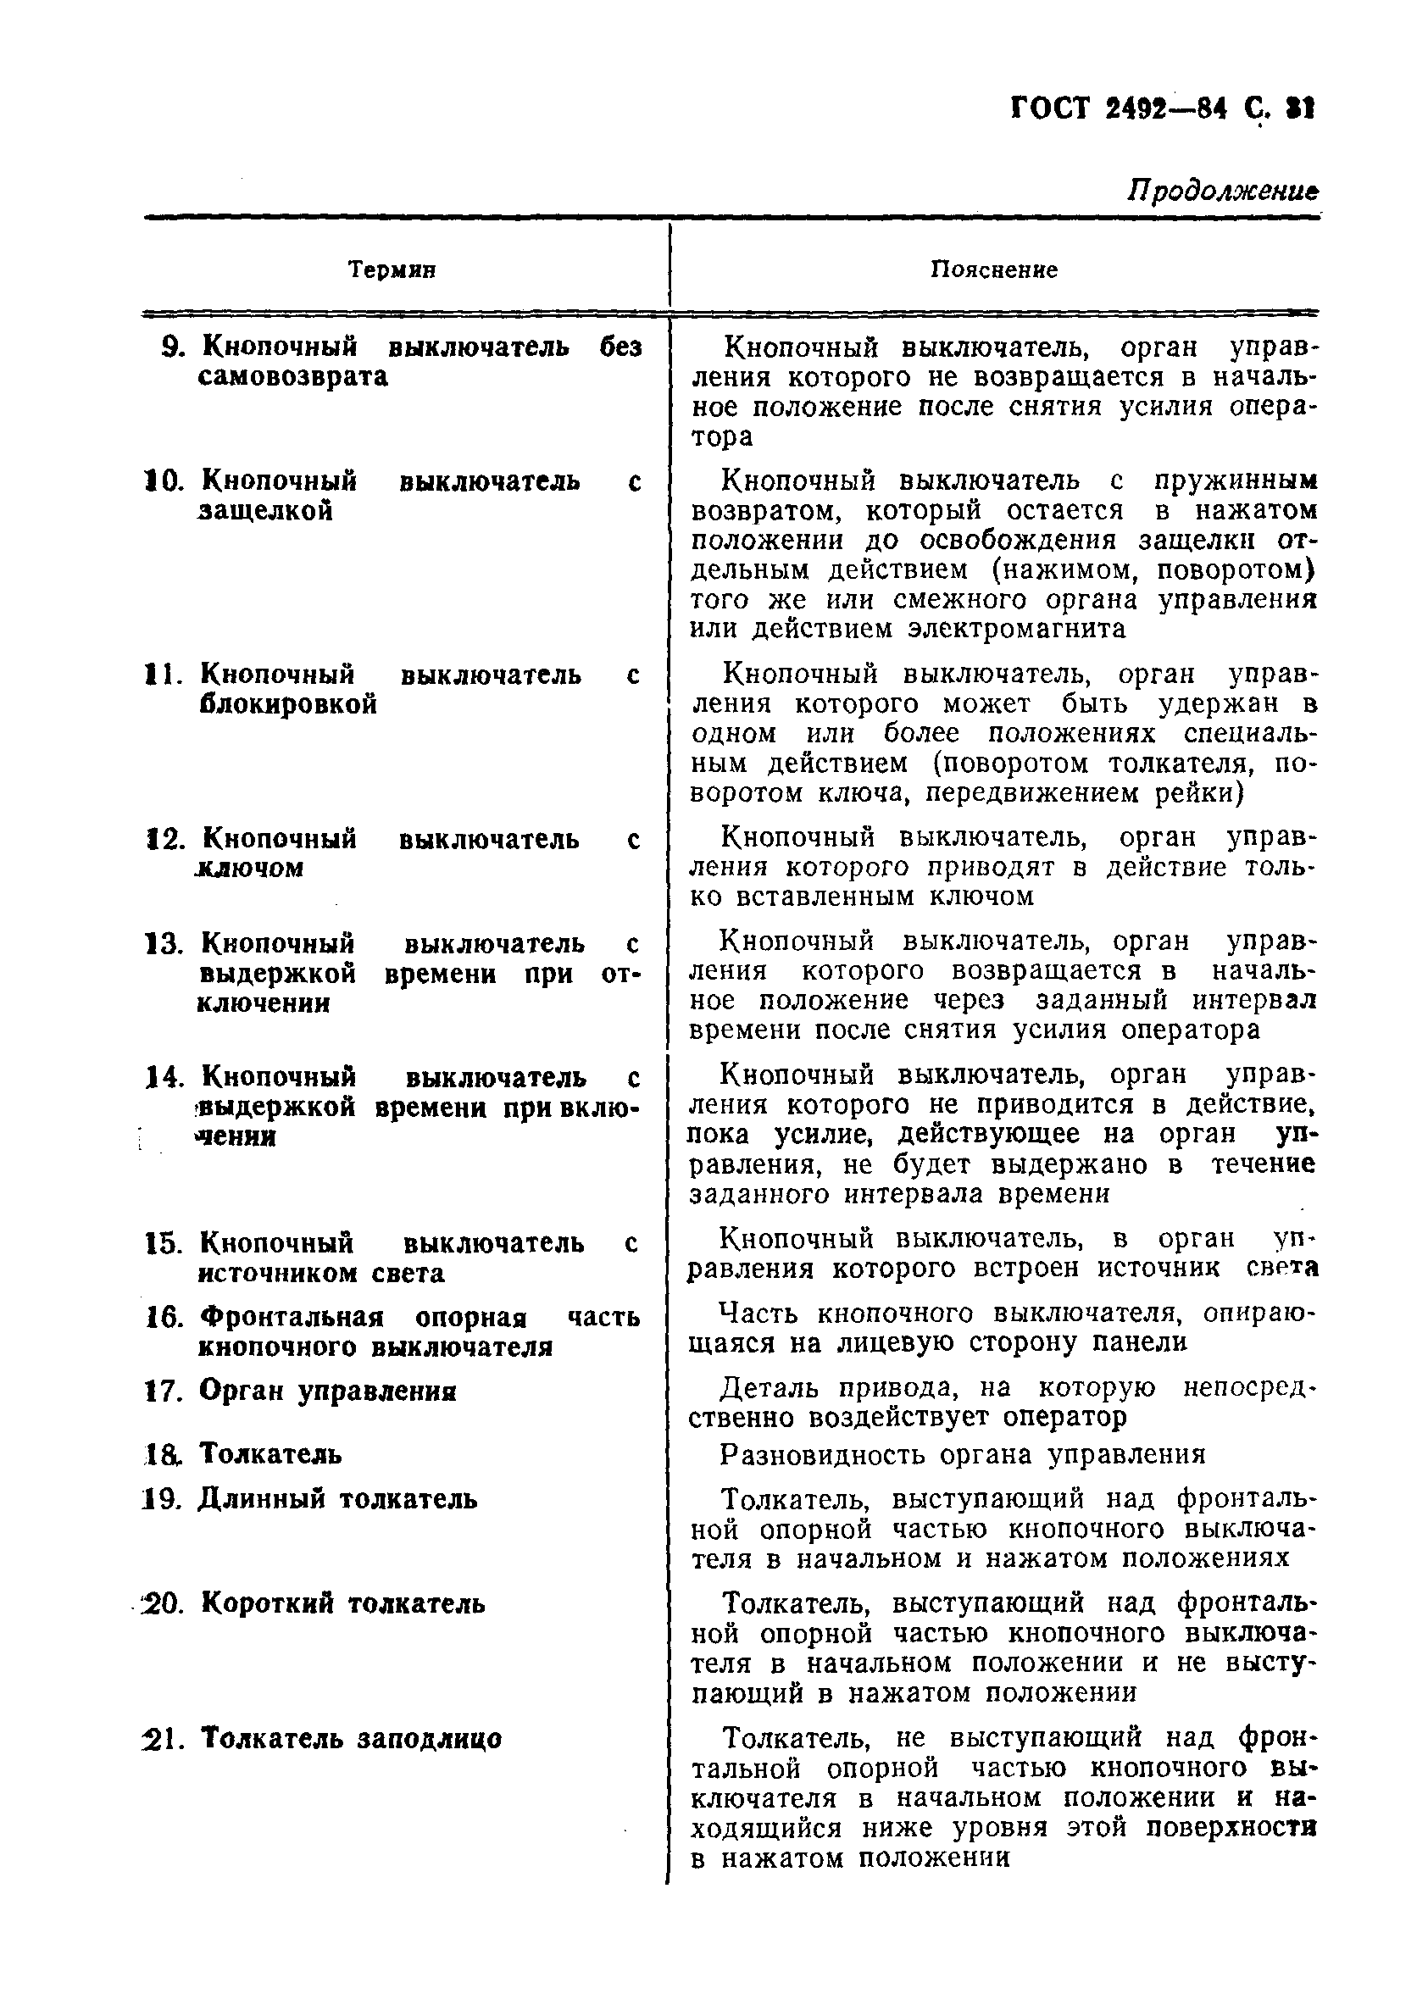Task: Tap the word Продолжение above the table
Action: coord(1223,191)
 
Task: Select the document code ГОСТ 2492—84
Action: coord(1119,110)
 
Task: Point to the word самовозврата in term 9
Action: coord(293,377)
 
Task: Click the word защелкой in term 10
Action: coord(265,511)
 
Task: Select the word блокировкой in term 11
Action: coord(288,704)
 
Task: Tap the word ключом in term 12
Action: coord(250,868)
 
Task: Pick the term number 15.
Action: coord(163,1243)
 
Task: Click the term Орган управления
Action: coord(327,1391)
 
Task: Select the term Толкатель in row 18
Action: coord(270,1453)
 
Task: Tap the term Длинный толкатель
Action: coord(337,1498)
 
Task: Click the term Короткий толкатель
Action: coord(343,1603)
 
